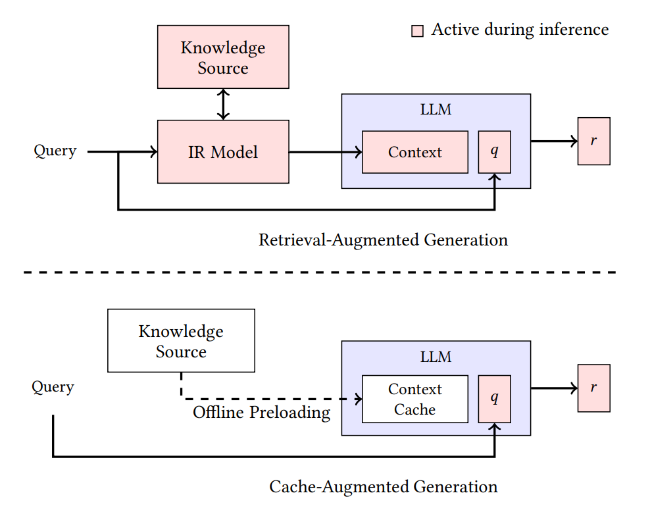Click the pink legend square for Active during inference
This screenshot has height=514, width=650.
417,31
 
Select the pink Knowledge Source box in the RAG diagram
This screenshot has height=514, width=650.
223,57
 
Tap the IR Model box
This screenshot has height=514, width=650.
223,152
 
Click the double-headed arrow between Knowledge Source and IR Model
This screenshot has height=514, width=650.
223,105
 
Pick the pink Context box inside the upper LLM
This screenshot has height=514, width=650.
415,152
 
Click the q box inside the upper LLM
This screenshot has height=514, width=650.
495,152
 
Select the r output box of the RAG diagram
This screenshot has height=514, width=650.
593,141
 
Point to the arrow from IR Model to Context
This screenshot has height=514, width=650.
326,152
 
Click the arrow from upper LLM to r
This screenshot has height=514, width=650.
554,141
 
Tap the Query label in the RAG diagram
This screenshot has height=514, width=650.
55,151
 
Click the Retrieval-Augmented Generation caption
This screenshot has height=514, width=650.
383,240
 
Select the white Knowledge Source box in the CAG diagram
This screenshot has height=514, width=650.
181,341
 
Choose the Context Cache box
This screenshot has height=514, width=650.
415,399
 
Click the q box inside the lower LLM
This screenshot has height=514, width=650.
495,399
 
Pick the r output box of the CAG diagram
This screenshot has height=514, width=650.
593,388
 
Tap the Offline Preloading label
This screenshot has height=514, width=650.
262,413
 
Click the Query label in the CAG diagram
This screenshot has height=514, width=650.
53,386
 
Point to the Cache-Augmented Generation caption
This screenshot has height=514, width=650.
384,486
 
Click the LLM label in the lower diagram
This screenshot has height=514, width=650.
436,357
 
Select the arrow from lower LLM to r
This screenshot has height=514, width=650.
554,388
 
